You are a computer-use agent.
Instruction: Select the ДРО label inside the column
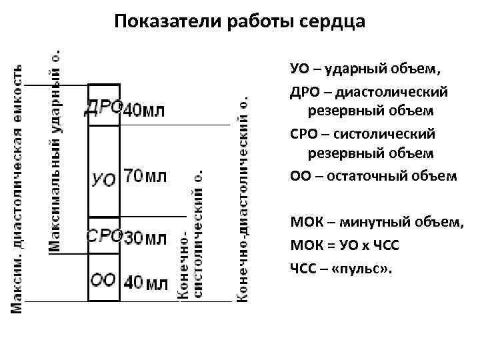(x=103, y=108)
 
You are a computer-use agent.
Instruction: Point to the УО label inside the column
(x=103, y=178)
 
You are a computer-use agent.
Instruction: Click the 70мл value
(x=145, y=177)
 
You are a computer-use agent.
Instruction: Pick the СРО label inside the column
(x=104, y=235)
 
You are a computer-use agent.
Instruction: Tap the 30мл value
(x=145, y=237)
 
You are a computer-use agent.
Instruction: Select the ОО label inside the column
(x=103, y=280)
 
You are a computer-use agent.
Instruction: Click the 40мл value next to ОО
(x=145, y=281)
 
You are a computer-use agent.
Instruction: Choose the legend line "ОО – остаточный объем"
(x=373, y=176)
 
